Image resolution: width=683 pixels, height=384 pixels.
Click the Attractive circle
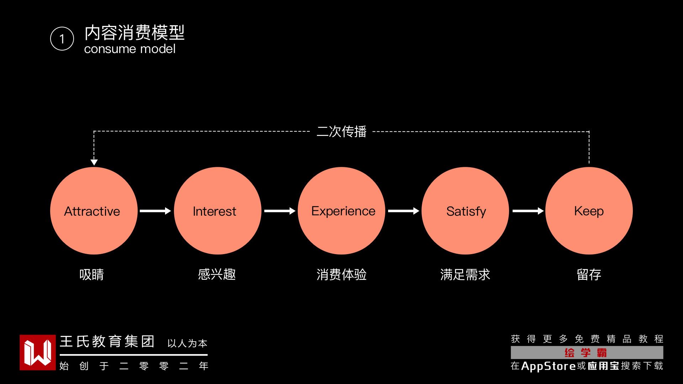tap(94, 211)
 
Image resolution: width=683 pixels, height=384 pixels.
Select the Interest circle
tap(217, 211)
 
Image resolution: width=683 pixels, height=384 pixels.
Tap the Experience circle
tap(341, 211)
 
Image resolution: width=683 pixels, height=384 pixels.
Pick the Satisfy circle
tap(465, 211)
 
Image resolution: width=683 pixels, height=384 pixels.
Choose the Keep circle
tap(589, 211)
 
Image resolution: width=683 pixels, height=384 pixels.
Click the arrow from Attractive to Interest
tap(155, 211)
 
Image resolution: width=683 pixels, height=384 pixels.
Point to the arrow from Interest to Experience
tap(280, 211)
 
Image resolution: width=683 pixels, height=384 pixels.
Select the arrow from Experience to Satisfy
tap(403, 211)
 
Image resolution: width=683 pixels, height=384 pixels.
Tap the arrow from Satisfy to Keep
tap(528, 211)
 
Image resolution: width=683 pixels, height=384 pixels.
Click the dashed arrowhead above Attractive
tap(94, 162)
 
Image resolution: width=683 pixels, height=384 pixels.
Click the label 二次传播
tap(341, 132)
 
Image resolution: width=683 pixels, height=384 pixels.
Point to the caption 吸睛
tap(92, 274)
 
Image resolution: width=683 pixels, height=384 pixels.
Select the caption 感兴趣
tap(217, 274)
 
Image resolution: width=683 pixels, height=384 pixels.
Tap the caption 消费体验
tap(341, 274)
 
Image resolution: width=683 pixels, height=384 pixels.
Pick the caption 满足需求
tap(465, 274)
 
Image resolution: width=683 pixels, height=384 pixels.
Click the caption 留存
tap(589, 274)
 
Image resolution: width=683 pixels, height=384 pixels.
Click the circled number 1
tap(62, 39)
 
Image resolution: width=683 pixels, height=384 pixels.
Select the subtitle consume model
tap(130, 49)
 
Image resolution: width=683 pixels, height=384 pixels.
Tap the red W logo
tap(38, 352)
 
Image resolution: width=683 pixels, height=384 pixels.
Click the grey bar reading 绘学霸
tap(587, 353)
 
